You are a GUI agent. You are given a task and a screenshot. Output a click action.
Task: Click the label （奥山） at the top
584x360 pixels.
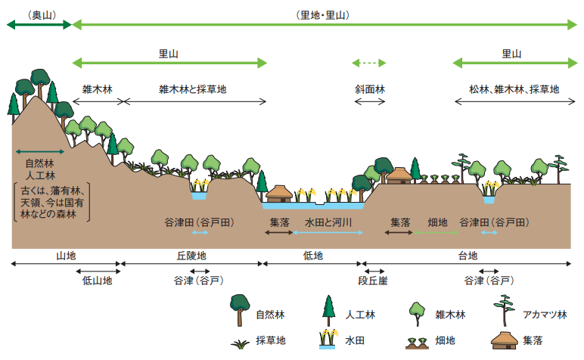point(39,14)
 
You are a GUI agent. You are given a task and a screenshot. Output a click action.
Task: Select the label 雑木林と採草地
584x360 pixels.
point(193,89)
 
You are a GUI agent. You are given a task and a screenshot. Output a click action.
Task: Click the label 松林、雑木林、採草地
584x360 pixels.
point(514,89)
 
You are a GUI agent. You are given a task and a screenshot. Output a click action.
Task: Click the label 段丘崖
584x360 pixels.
point(372,281)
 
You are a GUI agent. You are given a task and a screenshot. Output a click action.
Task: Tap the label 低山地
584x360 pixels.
point(97,281)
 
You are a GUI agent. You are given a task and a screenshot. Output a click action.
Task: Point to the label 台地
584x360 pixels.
point(468,256)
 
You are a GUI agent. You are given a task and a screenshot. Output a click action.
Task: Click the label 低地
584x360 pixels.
point(312,256)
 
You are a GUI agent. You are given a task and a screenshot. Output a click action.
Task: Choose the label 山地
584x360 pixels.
point(66,256)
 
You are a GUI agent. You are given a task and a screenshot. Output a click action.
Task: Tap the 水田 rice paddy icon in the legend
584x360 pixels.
point(328,340)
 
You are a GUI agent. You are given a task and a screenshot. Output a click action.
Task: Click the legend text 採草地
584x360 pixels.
point(271,341)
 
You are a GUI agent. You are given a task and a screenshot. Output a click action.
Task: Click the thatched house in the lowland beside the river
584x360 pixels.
point(279,194)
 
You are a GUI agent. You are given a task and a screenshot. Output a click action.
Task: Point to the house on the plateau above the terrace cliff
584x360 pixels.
point(399,175)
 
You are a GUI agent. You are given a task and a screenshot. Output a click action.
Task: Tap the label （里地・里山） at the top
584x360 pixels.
point(323,14)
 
